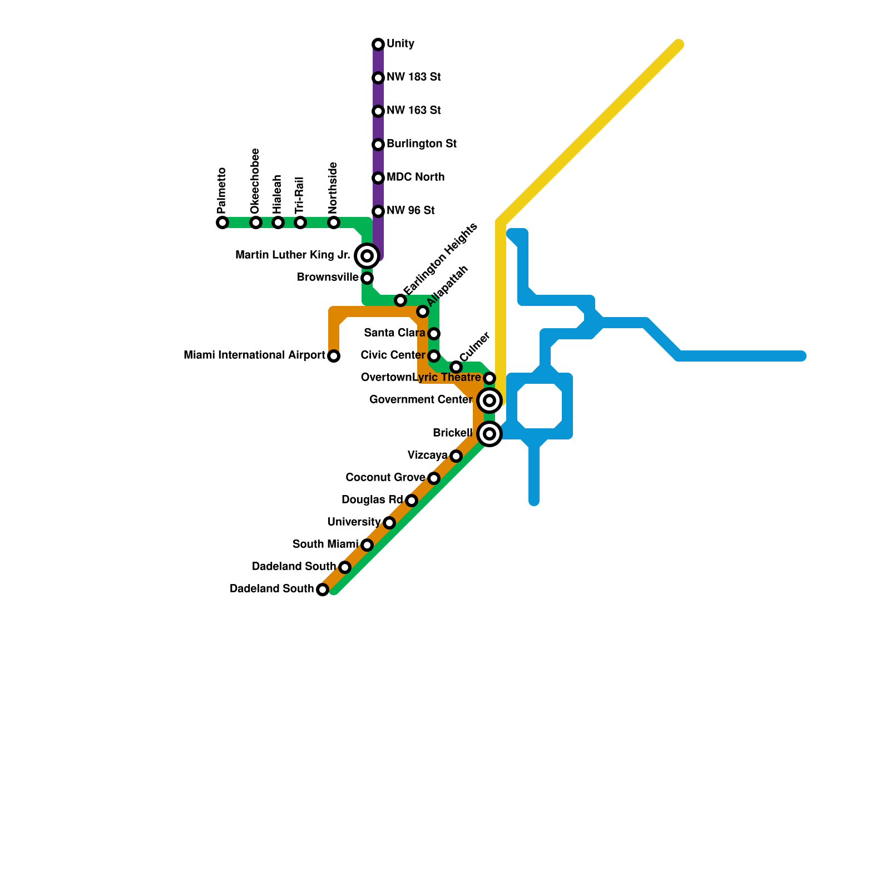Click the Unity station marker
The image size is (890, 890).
tap(378, 44)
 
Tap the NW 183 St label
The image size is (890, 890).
tap(413, 77)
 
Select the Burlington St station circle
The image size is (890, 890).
tap(378, 145)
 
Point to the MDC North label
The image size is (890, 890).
tap(416, 177)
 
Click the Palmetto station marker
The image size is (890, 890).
tap(222, 222)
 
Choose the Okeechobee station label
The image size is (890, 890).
tap(255, 181)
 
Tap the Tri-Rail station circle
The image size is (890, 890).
tap(300, 222)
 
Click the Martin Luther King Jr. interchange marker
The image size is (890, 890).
tap(367, 256)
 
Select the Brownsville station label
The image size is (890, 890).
tap(328, 278)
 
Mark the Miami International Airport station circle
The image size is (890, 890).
tap(334, 356)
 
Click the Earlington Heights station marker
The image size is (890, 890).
tap(400, 300)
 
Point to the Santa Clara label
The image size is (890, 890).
tap(394, 333)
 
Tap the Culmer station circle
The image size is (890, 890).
tap(456, 367)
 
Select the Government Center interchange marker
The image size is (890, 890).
tap(489, 400)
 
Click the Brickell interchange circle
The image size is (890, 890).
tap(489, 434)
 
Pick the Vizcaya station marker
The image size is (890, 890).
tap(456, 456)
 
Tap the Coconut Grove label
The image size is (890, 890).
tap(385, 478)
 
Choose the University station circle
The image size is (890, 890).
tap(389, 523)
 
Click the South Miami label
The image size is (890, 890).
tap(325, 545)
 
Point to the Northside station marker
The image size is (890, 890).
tap(334, 222)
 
